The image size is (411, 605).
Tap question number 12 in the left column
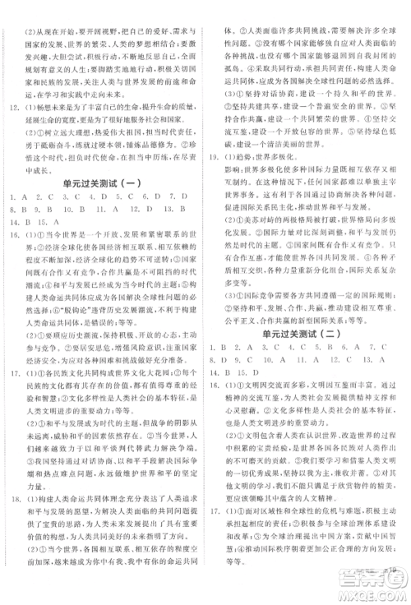(12, 107)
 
